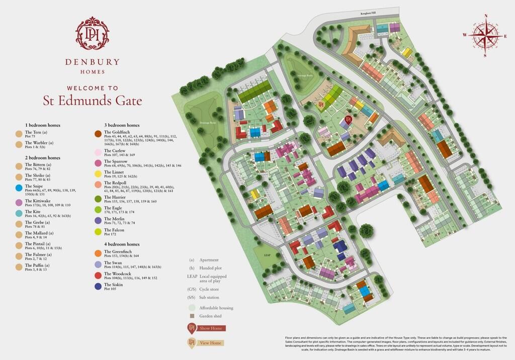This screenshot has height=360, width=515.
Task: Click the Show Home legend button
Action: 210,328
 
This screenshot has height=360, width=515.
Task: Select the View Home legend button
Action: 210,343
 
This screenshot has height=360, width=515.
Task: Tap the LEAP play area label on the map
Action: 268,255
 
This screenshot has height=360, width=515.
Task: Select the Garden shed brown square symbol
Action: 191,316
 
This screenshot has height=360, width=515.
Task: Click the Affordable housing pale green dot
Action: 191,307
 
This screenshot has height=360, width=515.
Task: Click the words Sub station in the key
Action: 211,297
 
